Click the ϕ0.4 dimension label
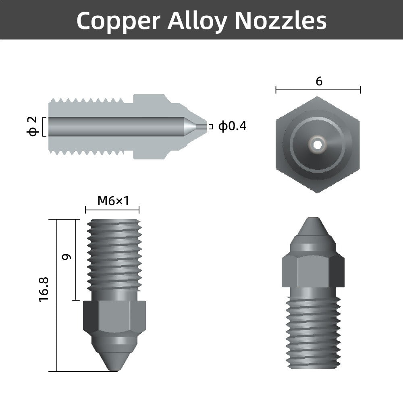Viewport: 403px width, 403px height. (x=232, y=127)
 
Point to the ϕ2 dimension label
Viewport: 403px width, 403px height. (x=33, y=127)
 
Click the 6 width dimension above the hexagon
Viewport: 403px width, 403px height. (x=319, y=82)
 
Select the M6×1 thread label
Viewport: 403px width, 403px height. (x=113, y=200)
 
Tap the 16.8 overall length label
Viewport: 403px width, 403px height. (x=44, y=289)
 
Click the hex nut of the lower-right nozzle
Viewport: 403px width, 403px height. (x=313, y=270)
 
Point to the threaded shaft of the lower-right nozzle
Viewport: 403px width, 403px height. (x=313, y=330)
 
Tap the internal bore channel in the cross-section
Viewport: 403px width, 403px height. (x=117, y=127)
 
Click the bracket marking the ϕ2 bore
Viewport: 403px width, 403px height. (x=43, y=127)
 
